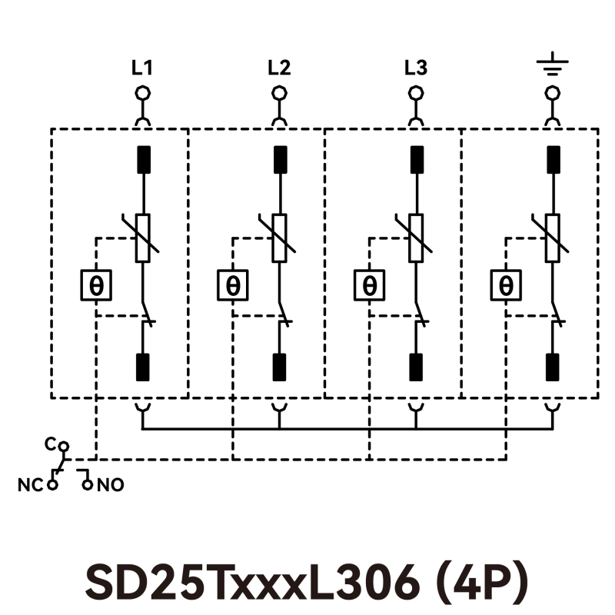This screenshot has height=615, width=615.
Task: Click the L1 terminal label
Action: coord(142,68)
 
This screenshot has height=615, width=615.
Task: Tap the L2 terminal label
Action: coord(279,68)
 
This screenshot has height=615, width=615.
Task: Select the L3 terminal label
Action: coord(416,68)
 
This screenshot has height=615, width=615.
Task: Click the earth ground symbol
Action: coord(552,67)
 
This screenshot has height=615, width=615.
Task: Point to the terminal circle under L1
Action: coord(142,93)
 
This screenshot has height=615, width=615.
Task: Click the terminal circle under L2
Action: coord(279,93)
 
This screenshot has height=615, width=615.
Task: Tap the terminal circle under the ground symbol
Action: coord(552,93)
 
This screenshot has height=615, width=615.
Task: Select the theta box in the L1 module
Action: coord(96,285)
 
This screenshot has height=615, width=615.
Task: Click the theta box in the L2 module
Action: coord(233,285)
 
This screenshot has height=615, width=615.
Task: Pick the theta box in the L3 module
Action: coord(370,285)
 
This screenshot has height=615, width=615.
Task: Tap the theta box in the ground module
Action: coord(506,285)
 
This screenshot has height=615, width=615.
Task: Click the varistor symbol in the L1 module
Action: coord(142,238)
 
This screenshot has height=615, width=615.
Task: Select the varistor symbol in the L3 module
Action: coord(416,238)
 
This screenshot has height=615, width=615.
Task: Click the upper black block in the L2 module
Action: coord(279,159)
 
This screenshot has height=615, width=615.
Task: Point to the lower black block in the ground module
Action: coord(552,367)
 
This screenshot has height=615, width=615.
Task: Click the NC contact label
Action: coord(28,486)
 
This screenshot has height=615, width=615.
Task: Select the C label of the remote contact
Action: coord(50,444)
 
